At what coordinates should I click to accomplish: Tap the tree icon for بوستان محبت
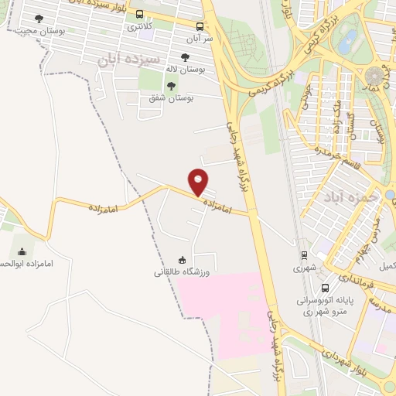tap(39, 18)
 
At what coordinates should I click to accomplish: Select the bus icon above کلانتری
tap(139, 14)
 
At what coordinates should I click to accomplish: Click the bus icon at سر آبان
tap(200, 26)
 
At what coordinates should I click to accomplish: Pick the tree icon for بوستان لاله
tap(184, 57)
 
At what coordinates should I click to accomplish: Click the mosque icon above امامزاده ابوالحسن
tap(21, 251)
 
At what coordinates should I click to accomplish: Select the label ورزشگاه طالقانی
tap(181, 271)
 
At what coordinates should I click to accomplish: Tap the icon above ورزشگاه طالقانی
tap(183, 259)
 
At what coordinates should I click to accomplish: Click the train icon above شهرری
tap(304, 255)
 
